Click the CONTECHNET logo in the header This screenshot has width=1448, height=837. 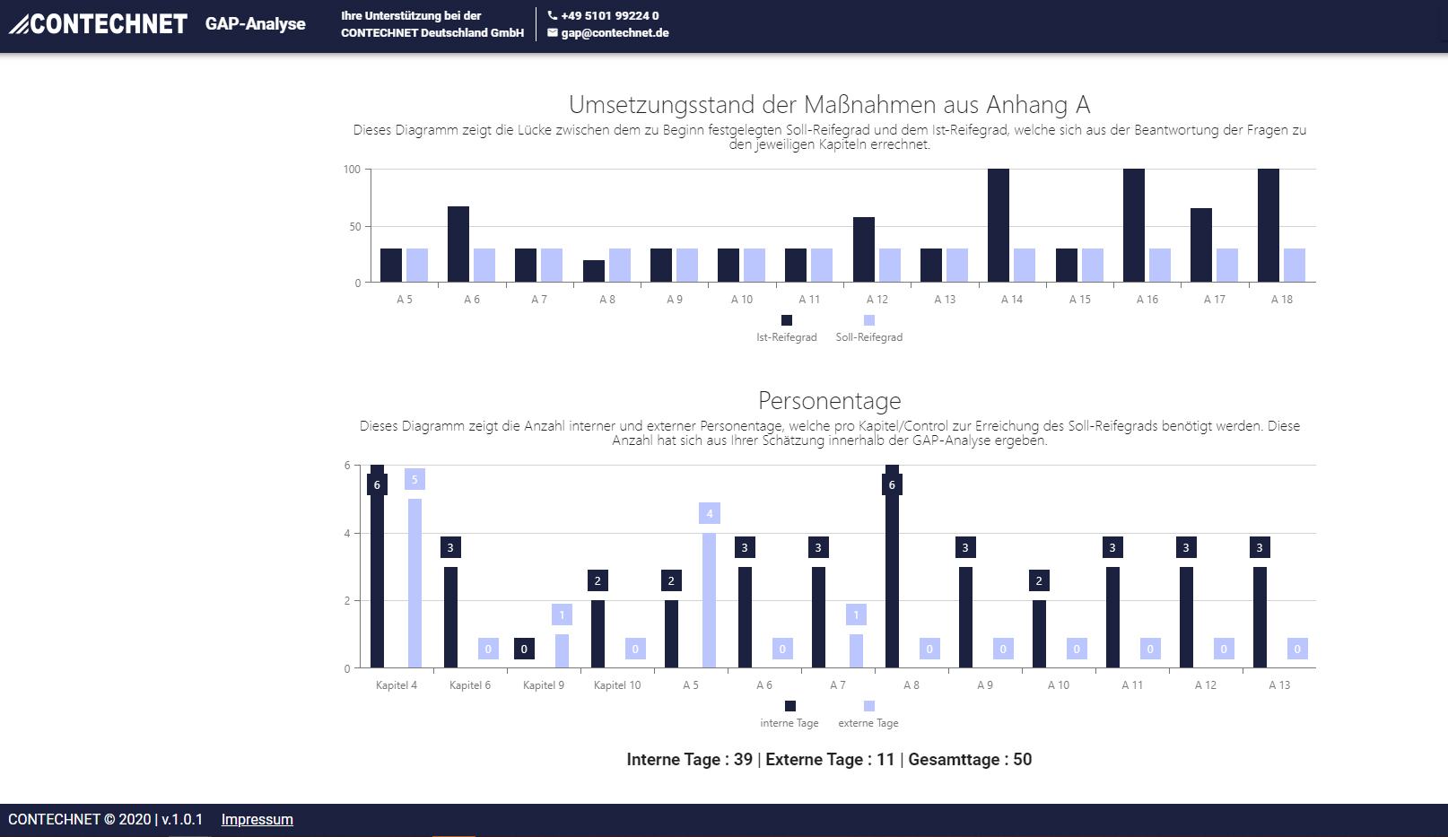(x=99, y=24)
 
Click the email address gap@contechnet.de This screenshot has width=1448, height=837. (x=615, y=33)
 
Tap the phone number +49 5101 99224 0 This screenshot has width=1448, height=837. (x=609, y=15)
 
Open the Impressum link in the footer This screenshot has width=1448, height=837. (x=257, y=819)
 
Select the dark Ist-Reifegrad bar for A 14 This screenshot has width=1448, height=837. (x=998, y=225)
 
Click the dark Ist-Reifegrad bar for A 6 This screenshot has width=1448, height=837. (x=458, y=244)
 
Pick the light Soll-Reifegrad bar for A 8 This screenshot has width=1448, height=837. (x=619, y=266)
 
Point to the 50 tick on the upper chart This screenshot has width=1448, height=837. (x=355, y=227)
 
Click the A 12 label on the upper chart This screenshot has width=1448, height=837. (x=877, y=300)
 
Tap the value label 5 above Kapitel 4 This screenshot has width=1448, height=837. (x=414, y=479)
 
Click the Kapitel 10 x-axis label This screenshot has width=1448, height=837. (x=617, y=685)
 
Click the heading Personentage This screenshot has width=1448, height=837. (x=829, y=400)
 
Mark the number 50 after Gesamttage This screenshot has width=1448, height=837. (x=1022, y=760)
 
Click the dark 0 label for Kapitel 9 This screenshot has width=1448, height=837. (x=524, y=649)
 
